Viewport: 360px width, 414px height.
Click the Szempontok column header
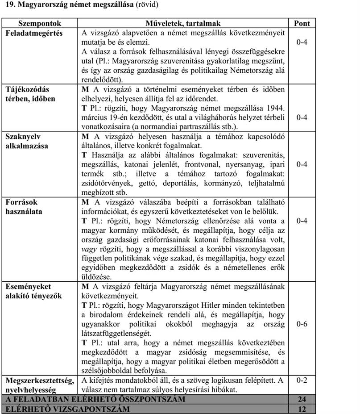click(39, 23)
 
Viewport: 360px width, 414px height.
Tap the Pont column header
click(302, 23)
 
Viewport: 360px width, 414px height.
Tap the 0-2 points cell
click(302, 380)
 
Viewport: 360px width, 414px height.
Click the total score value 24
click(302, 399)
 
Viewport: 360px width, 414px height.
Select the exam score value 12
click(302, 409)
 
